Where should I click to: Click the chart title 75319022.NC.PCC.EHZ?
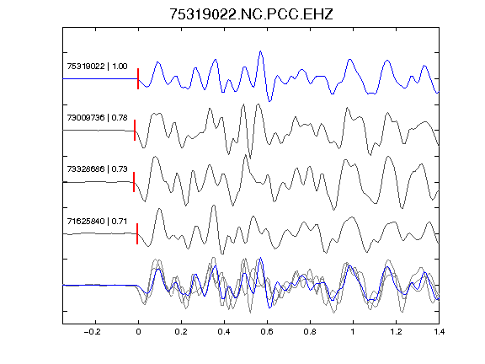(x=251, y=14)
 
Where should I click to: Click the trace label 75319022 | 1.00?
(x=97, y=67)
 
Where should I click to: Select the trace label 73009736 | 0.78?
(x=97, y=118)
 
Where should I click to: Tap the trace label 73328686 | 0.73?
(x=97, y=169)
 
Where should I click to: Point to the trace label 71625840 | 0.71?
(x=97, y=222)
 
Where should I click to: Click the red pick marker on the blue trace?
(x=138, y=79)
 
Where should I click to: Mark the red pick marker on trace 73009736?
(x=135, y=131)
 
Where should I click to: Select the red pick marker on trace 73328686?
(x=134, y=182)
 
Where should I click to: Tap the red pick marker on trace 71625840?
(x=137, y=233)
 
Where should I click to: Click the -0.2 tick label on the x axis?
(x=93, y=332)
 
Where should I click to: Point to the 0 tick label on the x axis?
(x=138, y=332)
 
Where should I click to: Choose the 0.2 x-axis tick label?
(x=181, y=332)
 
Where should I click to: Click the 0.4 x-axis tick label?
(x=224, y=332)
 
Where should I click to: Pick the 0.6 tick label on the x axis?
(x=267, y=332)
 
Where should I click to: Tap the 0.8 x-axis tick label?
(x=310, y=332)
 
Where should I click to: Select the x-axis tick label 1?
(x=353, y=332)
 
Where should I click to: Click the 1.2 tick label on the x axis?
(x=396, y=332)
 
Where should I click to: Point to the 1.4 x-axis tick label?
(x=439, y=332)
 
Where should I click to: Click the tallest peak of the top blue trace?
(x=261, y=51)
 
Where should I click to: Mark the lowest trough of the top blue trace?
(x=269, y=101)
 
